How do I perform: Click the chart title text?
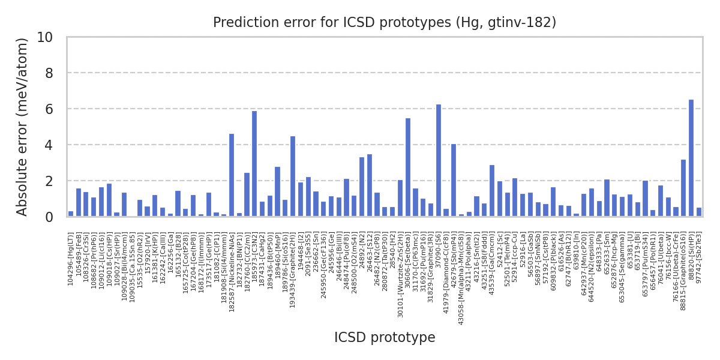click(385, 23)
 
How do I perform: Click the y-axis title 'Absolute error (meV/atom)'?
click(23, 127)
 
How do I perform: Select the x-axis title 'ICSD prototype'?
click(385, 338)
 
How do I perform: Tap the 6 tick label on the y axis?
click(49, 109)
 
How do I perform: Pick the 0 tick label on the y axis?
click(49, 217)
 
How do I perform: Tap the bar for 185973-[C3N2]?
click(254, 164)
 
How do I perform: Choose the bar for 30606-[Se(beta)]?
click(408, 167)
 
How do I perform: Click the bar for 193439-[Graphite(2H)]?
click(293, 176)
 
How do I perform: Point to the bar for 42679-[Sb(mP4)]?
click(454, 180)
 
